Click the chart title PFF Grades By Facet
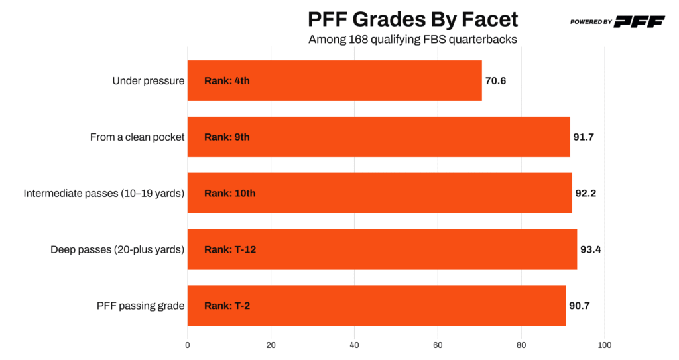point(412,19)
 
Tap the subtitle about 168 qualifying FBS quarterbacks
point(412,39)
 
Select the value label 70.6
point(496,81)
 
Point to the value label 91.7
point(584,137)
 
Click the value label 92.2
point(586,194)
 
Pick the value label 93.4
point(591,249)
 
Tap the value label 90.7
point(580,306)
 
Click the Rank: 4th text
point(227,81)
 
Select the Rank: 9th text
point(227,137)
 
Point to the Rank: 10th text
point(229,194)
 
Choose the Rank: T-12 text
point(230,249)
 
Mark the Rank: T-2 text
point(227,306)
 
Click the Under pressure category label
point(149,81)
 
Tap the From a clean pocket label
point(137,137)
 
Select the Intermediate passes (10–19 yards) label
point(104,194)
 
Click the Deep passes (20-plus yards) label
point(117,249)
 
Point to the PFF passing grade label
point(141,306)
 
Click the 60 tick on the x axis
point(438,345)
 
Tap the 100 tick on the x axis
point(604,345)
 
